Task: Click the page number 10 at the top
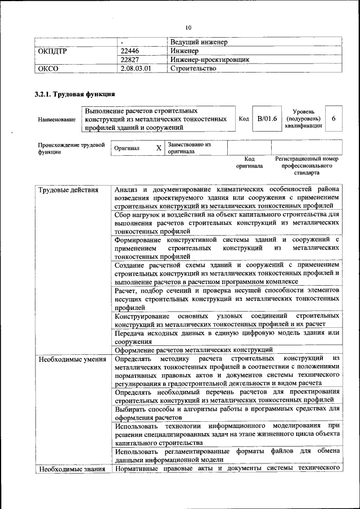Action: [188, 28]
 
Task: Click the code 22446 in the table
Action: [130, 51]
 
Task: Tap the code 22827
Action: [130, 59]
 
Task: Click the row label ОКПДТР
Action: [52, 51]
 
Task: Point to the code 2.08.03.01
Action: [136, 68]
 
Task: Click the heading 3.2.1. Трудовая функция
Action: [75, 94]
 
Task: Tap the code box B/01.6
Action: [267, 119]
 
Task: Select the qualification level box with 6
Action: [334, 119]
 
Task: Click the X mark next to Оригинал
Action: [159, 148]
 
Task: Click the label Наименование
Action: [56, 119]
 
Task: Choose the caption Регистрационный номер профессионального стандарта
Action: [307, 166]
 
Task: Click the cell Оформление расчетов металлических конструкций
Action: [193, 349]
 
